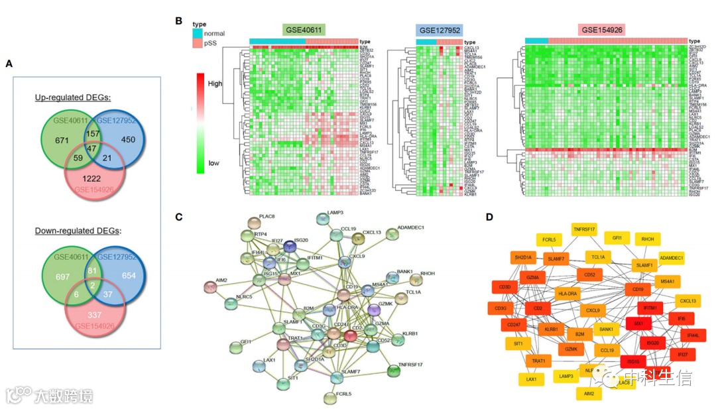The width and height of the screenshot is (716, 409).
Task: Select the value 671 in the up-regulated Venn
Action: (x=63, y=140)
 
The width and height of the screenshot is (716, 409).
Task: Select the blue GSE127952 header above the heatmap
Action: (x=439, y=30)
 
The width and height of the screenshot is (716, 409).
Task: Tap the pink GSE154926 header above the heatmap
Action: (x=603, y=30)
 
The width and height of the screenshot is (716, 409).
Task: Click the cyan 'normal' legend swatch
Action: (x=196, y=33)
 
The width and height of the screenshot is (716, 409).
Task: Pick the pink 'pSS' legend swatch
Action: (x=196, y=43)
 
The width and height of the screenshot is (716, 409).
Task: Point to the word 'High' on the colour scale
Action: (x=215, y=84)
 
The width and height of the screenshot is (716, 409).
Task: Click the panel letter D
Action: (x=489, y=216)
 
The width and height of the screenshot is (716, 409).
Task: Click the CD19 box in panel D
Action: (x=638, y=289)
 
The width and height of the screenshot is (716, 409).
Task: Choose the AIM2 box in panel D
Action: (x=589, y=394)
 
